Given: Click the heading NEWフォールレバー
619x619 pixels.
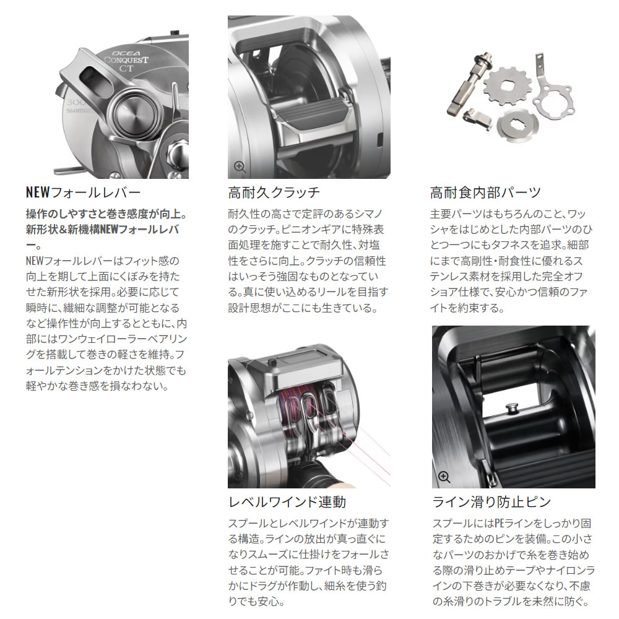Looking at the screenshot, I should pyautogui.click(x=83, y=192).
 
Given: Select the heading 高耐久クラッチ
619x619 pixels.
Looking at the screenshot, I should pyautogui.click(x=274, y=192).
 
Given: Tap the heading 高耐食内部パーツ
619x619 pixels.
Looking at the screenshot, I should pyautogui.click(x=485, y=192).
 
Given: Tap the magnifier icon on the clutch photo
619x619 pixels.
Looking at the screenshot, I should pyautogui.click(x=240, y=167).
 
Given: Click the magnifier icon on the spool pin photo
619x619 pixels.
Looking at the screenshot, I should pyautogui.click(x=444, y=476).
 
